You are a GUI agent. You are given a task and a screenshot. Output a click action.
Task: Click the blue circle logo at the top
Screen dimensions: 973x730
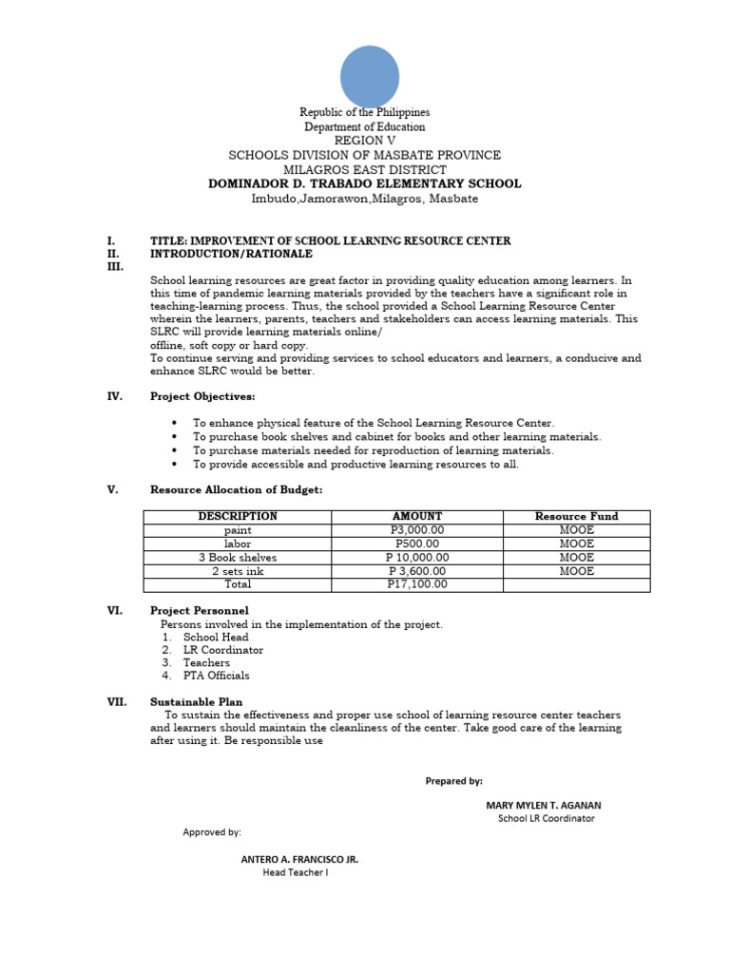(x=370, y=77)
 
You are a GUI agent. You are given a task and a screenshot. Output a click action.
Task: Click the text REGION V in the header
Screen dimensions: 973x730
(x=365, y=141)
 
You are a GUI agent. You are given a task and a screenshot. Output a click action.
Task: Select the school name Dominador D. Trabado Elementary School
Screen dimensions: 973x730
(x=365, y=183)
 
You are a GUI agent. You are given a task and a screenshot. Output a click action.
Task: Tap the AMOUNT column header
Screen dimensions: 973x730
(x=417, y=516)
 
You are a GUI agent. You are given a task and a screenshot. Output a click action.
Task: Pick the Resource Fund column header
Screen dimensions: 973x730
(x=576, y=516)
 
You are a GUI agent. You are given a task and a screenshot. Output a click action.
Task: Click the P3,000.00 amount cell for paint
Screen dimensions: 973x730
(x=417, y=530)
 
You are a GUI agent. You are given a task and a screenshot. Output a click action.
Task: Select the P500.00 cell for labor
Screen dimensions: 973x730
(x=417, y=544)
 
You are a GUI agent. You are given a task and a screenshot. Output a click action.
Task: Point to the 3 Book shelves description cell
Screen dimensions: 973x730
(x=238, y=558)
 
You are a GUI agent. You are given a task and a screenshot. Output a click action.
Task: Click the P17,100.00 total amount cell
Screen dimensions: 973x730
(x=417, y=584)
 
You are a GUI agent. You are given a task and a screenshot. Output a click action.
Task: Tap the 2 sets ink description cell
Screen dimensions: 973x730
(x=238, y=571)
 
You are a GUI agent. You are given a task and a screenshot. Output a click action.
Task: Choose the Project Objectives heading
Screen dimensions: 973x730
(x=202, y=396)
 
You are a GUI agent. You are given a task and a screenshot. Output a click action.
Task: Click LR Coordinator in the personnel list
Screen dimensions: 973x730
(x=223, y=650)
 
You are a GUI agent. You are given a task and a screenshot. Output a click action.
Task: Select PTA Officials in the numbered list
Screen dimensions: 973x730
(x=217, y=676)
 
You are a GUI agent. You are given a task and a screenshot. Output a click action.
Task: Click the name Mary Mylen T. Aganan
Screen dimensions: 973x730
(x=543, y=805)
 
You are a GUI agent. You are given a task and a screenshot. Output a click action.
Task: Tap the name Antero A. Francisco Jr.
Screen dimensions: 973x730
(x=299, y=859)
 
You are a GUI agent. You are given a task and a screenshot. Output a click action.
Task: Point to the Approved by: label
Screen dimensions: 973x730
(x=212, y=832)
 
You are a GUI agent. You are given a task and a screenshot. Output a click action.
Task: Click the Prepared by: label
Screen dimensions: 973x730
(x=453, y=780)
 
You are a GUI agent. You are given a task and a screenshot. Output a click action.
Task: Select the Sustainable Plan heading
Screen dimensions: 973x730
(x=196, y=702)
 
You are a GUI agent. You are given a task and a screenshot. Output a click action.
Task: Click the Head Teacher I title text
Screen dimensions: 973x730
(x=296, y=872)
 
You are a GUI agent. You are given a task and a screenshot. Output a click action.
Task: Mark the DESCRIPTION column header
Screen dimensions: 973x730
(x=238, y=516)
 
